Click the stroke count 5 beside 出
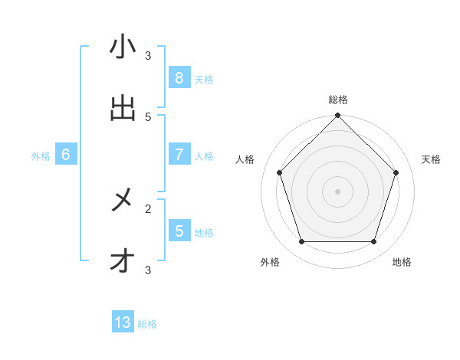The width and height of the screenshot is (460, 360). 148,116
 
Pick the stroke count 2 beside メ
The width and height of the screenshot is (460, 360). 148,208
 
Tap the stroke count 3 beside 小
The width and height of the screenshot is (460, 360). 148,55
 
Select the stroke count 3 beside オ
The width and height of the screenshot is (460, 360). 148,270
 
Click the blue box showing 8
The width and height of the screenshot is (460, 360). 179,77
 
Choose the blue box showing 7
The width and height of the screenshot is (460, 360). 179,155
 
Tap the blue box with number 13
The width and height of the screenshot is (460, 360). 123,322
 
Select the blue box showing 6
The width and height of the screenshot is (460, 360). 66,155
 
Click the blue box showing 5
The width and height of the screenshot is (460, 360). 179,231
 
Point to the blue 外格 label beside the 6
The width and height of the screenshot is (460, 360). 41,156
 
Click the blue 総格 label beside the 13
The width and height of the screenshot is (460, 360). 147,324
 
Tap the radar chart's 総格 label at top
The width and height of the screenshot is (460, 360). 337,100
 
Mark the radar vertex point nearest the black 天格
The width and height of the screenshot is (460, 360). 396,172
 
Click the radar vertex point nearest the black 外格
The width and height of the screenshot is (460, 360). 301,242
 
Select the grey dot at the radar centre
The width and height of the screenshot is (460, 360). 337,191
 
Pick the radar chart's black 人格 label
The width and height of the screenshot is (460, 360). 245,159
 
